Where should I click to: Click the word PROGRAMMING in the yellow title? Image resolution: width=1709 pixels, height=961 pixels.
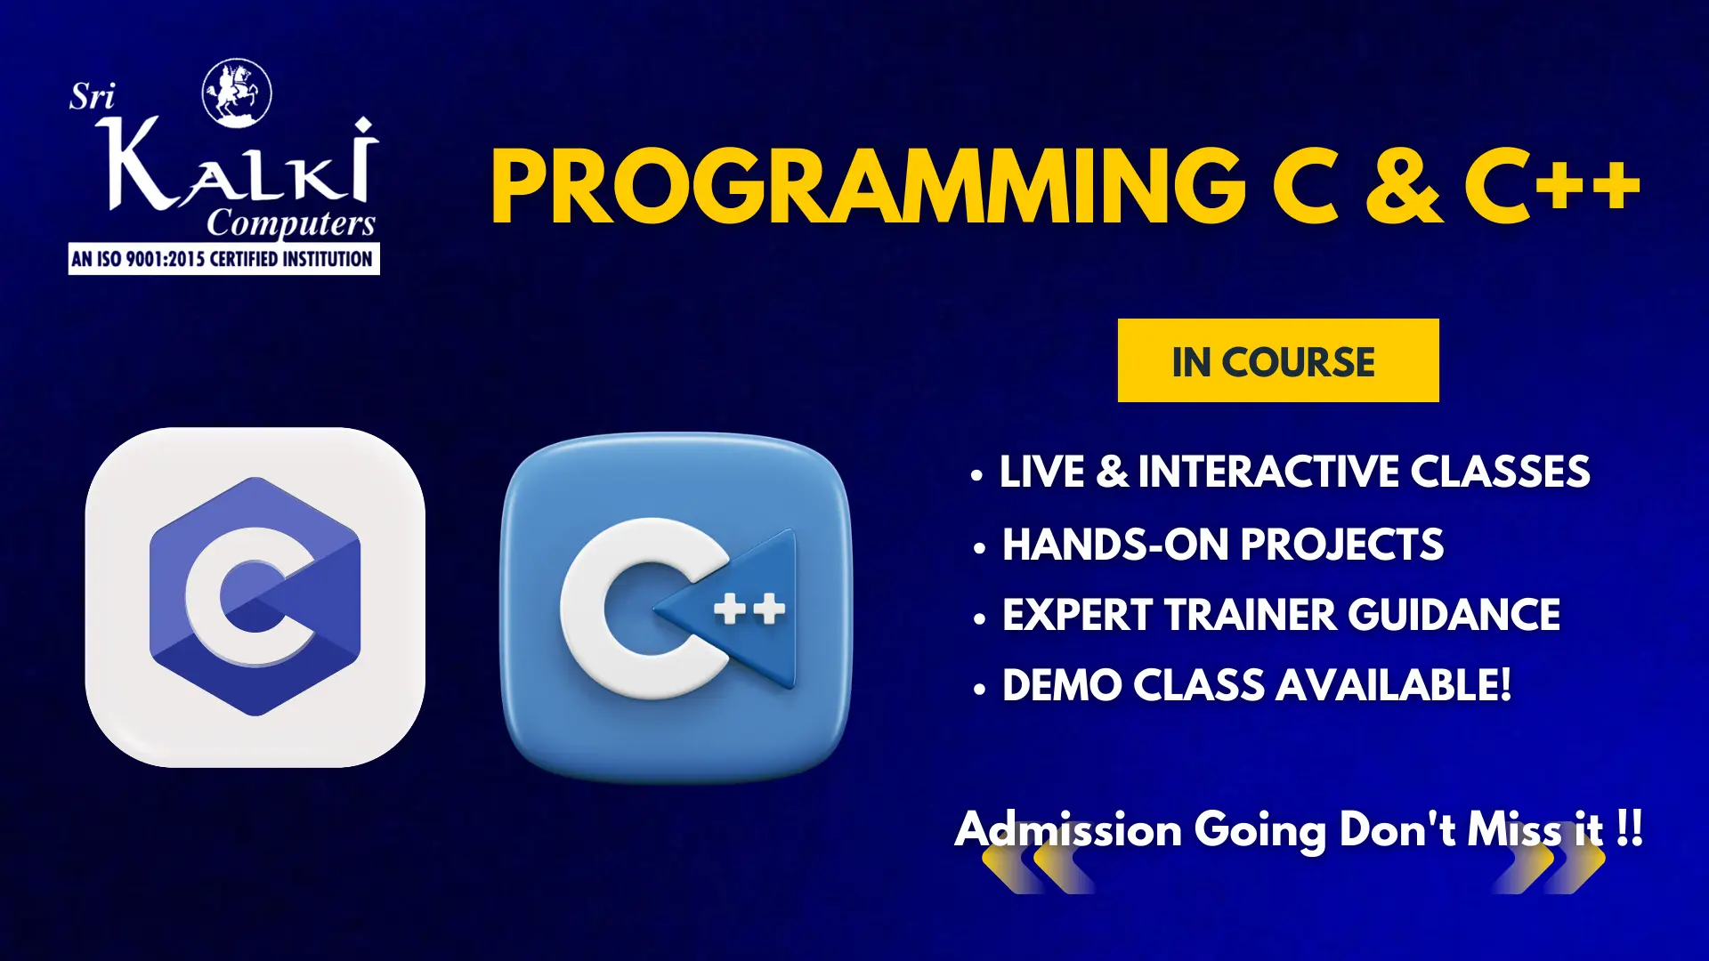click(x=869, y=187)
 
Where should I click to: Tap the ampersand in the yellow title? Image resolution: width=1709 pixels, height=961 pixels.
click(x=1403, y=187)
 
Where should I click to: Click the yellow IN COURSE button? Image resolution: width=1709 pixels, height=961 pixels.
click(x=1278, y=360)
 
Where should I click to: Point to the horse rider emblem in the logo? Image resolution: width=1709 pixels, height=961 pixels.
click(x=237, y=93)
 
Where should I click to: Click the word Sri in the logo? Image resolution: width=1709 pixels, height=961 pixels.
click(x=93, y=96)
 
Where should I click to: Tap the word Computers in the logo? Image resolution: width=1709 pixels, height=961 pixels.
click(x=291, y=222)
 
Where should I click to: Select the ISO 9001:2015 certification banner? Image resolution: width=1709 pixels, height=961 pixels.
click(x=224, y=259)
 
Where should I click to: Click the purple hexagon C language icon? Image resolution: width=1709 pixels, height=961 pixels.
click(x=255, y=597)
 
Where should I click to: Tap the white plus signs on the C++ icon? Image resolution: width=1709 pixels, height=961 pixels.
click(x=750, y=609)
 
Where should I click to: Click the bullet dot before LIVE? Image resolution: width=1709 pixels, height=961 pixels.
click(x=977, y=476)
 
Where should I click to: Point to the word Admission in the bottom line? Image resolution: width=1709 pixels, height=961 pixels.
click(x=1068, y=829)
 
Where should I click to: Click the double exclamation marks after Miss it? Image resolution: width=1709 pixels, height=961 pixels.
click(x=1630, y=828)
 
